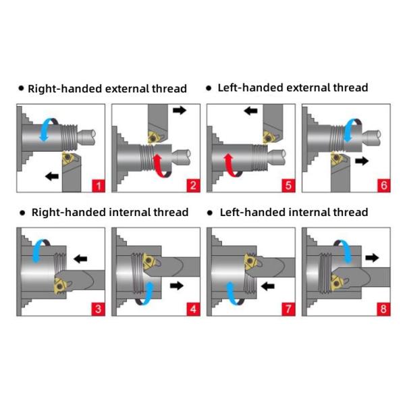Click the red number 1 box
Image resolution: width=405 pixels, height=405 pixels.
tap(98, 185)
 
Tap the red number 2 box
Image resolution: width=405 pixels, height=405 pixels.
tap(193, 185)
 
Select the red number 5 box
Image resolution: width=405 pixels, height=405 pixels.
tap(288, 185)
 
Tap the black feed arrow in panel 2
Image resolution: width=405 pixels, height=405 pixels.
tap(180, 110)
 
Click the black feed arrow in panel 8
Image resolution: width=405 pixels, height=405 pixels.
tap(373, 258)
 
